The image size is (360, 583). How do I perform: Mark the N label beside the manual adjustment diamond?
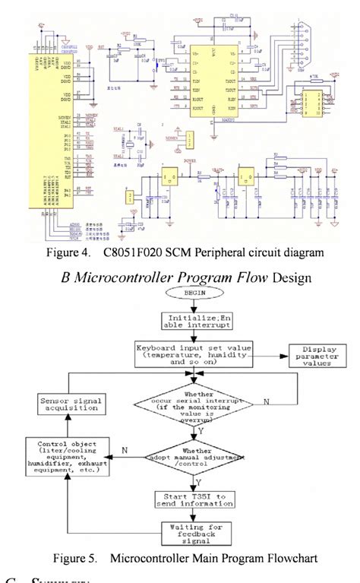(124, 450)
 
